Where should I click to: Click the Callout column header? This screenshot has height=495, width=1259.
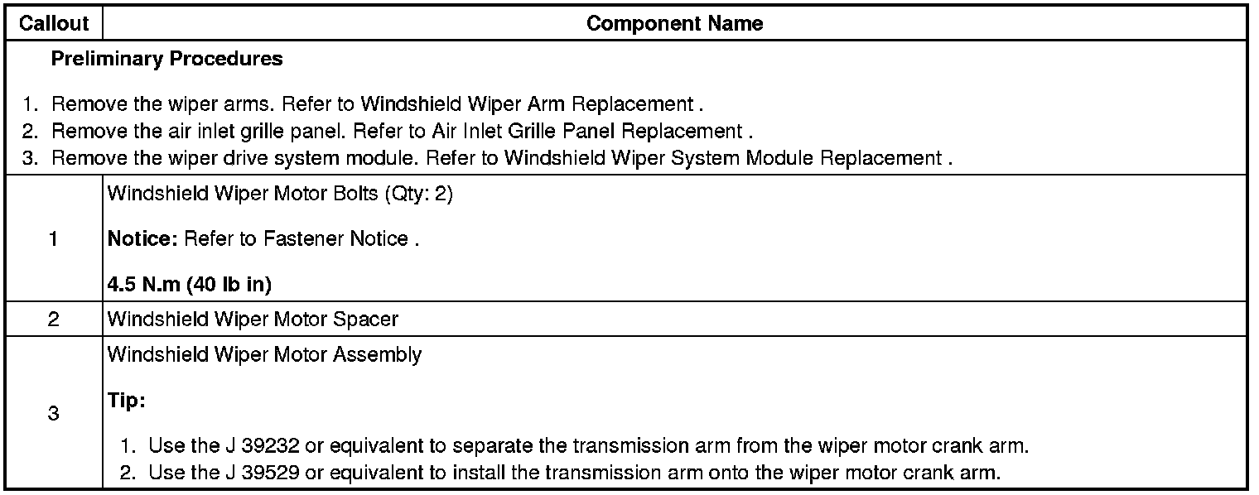point(53,24)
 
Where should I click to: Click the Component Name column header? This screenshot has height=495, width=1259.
point(674,24)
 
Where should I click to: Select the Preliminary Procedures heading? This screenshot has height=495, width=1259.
point(166,60)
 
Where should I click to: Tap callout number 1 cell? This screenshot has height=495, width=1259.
point(53,239)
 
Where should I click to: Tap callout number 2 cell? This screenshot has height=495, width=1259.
point(53,319)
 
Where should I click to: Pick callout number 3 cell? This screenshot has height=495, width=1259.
point(53,413)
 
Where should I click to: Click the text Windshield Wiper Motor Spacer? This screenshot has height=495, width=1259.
point(253,319)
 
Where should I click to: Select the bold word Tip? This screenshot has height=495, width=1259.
point(126,401)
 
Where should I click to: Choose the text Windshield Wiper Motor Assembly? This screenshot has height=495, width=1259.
point(264,355)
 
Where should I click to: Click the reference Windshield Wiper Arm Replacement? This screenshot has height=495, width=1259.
point(527,105)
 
